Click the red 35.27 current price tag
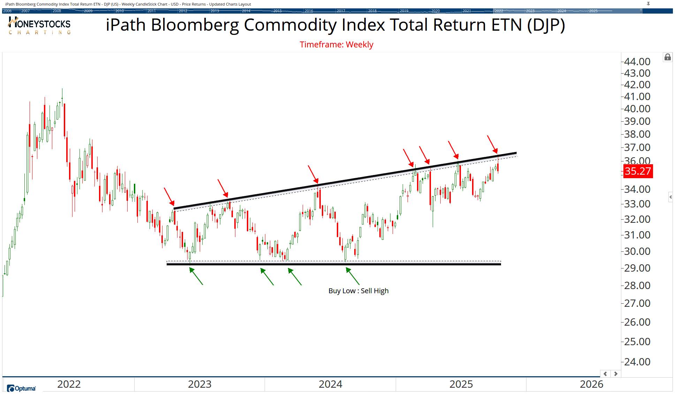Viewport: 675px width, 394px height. tap(638, 171)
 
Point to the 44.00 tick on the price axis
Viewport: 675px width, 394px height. tap(637, 62)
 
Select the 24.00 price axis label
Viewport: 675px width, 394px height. tap(637, 362)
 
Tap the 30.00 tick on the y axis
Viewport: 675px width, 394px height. tap(637, 251)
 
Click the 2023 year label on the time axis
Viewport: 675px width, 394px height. tap(199, 384)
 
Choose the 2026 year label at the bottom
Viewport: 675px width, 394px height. tap(591, 384)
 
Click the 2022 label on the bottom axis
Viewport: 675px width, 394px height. tap(69, 384)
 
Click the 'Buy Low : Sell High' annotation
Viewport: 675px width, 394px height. tap(358, 291)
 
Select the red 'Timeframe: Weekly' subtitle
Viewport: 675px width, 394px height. tap(336, 45)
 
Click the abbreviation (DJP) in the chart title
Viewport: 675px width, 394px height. tap(546, 25)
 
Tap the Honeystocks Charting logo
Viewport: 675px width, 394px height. tap(39, 26)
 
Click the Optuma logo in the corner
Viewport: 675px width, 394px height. tap(21, 388)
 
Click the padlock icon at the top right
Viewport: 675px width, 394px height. tap(667, 57)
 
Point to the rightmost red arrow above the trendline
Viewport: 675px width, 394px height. tap(492, 144)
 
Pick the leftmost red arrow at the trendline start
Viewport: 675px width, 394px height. tap(169, 197)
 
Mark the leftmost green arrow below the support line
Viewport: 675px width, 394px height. tap(196, 276)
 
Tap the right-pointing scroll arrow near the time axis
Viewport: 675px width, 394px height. tap(616, 374)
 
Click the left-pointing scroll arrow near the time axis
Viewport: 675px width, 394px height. tap(605, 374)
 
